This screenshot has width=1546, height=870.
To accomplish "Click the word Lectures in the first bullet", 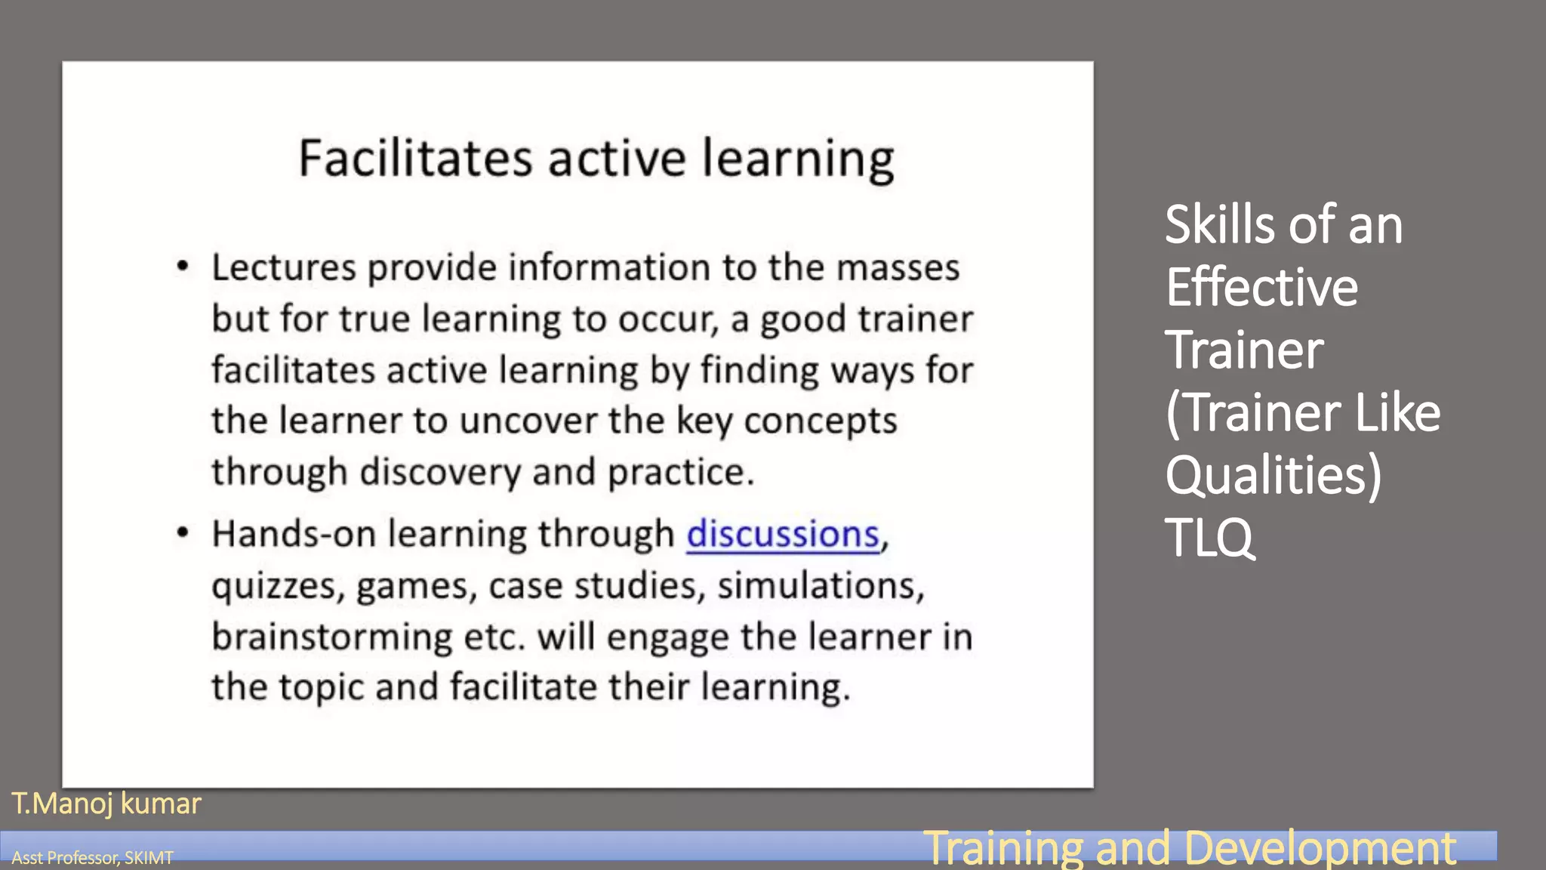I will tap(283, 268).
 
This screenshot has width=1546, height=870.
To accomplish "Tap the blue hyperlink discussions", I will tap(783, 535).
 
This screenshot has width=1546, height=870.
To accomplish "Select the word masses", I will tap(898, 268).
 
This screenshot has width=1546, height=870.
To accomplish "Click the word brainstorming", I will tap(331, 637).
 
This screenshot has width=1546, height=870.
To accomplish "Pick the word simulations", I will tap(820, 586).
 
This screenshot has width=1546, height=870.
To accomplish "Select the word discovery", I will tap(439, 473).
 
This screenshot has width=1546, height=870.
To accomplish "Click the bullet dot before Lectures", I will tap(182, 267).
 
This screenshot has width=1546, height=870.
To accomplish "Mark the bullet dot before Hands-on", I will tap(182, 533).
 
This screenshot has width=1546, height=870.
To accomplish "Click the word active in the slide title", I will tap(617, 159).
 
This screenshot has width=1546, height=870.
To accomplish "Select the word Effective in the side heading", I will tap(1261, 288).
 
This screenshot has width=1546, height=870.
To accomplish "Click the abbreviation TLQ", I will tap(1209, 538).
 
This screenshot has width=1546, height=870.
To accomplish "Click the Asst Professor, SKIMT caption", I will tap(92, 858).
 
